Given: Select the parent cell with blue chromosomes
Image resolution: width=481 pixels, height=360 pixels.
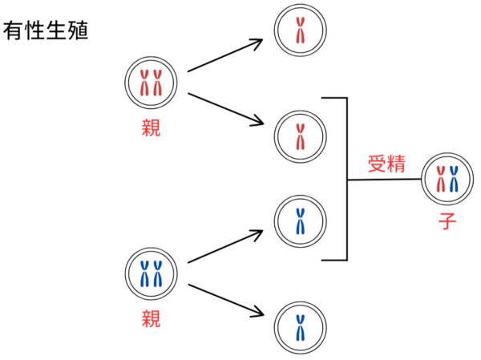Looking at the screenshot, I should tap(151, 273).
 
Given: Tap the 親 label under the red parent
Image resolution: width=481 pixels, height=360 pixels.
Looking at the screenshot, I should tap(151, 127).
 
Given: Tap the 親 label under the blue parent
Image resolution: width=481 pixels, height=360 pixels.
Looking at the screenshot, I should tap(151, 318).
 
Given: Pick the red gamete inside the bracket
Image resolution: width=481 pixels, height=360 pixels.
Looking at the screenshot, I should tap(301, 136).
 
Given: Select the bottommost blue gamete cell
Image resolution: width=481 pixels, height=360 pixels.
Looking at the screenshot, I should tap(301, 326).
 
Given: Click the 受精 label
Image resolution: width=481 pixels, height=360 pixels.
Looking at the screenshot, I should tap(386, 165).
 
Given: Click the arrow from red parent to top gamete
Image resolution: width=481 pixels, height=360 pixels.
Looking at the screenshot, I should tap(226, 54).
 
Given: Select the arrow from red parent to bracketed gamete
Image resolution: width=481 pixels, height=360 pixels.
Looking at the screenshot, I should tap(226, 109).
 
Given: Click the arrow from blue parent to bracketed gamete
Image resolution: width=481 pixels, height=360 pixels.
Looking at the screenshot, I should tap(226, 247).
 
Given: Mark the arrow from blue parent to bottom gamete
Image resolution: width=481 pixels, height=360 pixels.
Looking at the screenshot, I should tap(226, 298).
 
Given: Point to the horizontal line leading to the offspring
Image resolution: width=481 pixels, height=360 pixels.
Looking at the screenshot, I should tap(385, 180).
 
